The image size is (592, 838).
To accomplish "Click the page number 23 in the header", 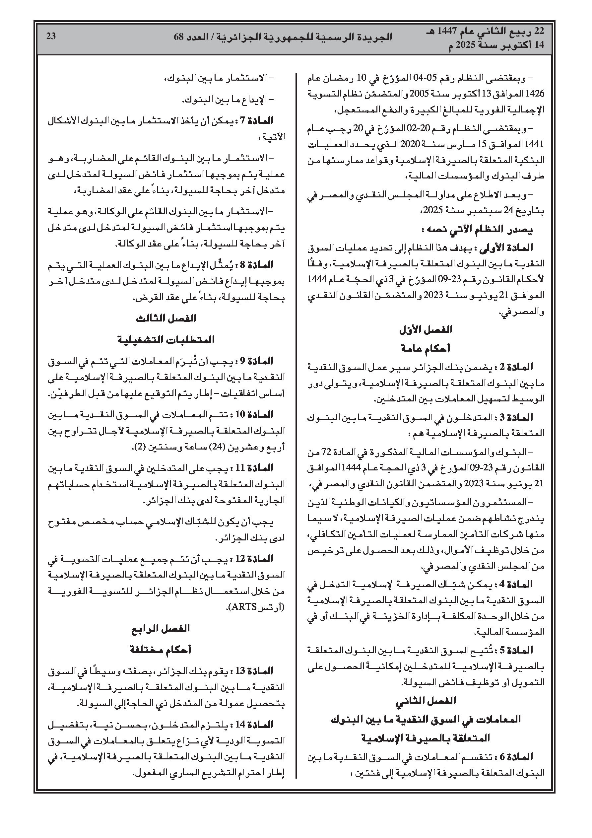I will click(51, 36).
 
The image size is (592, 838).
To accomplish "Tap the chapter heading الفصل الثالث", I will click(166, 318).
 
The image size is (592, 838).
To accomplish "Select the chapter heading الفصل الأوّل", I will click(426, 329).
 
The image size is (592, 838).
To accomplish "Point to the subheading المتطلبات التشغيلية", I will click(166, 340).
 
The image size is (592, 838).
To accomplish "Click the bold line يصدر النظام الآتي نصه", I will click(477, 230).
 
